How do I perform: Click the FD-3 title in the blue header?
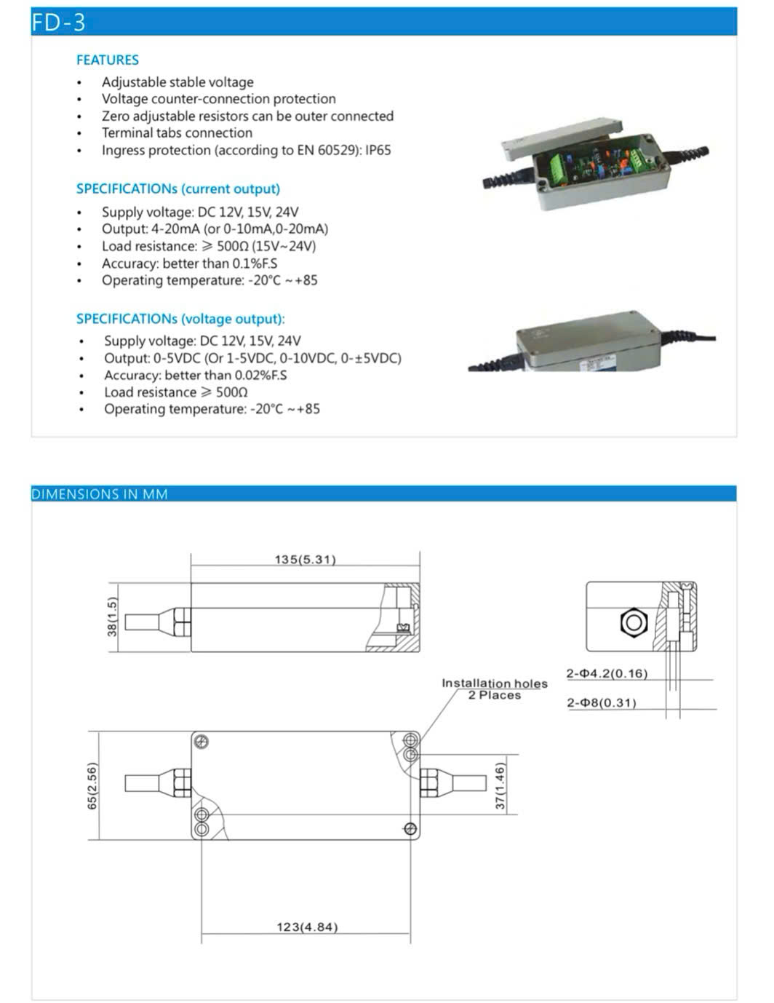(x=58, y=23)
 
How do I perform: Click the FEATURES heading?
(x=108, y=60)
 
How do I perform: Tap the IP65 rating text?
(x=378, y=151)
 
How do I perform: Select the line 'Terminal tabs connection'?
(x=177, y=133)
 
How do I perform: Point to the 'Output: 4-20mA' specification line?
(x=215, y=229)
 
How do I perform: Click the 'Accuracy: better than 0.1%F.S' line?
(x=189, y=263)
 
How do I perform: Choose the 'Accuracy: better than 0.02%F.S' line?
(x=195, y=376)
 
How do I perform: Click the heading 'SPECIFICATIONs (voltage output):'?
(x=180, y=319)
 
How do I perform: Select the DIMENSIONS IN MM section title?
(x=100, y=494)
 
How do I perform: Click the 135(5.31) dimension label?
(x=305, y=560)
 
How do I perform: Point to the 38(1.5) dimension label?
(x=112, y=617)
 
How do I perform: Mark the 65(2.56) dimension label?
(x=92, y=785)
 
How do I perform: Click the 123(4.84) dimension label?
(x=307, y=927)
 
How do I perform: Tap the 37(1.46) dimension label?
(x=500, y=785)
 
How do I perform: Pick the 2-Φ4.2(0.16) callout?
(x=607, y=673)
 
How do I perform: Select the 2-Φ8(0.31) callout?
(x=602, y=702)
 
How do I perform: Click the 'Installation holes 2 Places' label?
(x=495, y=689)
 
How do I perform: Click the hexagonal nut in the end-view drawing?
(x=633, y=622)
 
